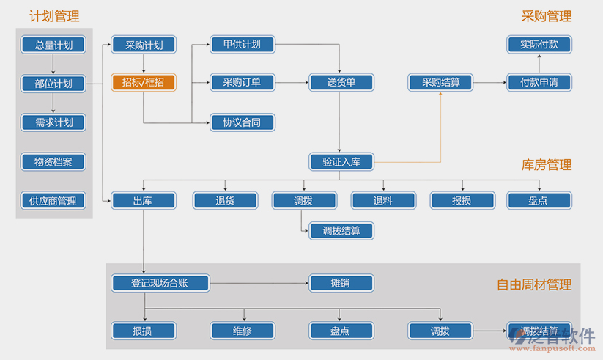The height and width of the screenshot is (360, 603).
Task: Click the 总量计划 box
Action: click(53, 45)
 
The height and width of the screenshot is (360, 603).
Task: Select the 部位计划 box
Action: click(53, 83)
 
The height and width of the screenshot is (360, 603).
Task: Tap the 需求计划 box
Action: click(53, 122)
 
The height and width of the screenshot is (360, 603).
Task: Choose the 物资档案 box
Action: click(53, 161)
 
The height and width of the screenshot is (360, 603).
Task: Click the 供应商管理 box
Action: click(53, 200)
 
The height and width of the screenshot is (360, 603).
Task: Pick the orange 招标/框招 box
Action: click(144, 82)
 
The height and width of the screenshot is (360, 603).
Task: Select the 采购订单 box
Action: click(243, 82)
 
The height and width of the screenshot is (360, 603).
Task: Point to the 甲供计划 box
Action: click(243, 44)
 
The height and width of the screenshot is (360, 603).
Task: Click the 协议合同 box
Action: click(243, 122)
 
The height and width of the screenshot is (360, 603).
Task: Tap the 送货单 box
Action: click(341, 82)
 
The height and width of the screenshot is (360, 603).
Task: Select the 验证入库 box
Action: click(341, 161)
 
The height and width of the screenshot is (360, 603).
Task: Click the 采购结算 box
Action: click(440, 82)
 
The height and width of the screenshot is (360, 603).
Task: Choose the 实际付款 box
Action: click(539, 44)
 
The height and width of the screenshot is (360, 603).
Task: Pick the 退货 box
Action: click(226, 200)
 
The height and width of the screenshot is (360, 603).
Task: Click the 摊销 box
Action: click(341, 283)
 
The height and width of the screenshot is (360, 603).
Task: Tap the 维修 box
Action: click(243, 331)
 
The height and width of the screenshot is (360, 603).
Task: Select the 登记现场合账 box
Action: click(160, 283)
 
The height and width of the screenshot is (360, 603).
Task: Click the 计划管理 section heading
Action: click(54, 16)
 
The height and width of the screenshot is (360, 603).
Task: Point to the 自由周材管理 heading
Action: click(533, 284)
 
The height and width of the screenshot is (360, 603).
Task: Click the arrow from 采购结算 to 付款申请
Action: click(489, 82)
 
